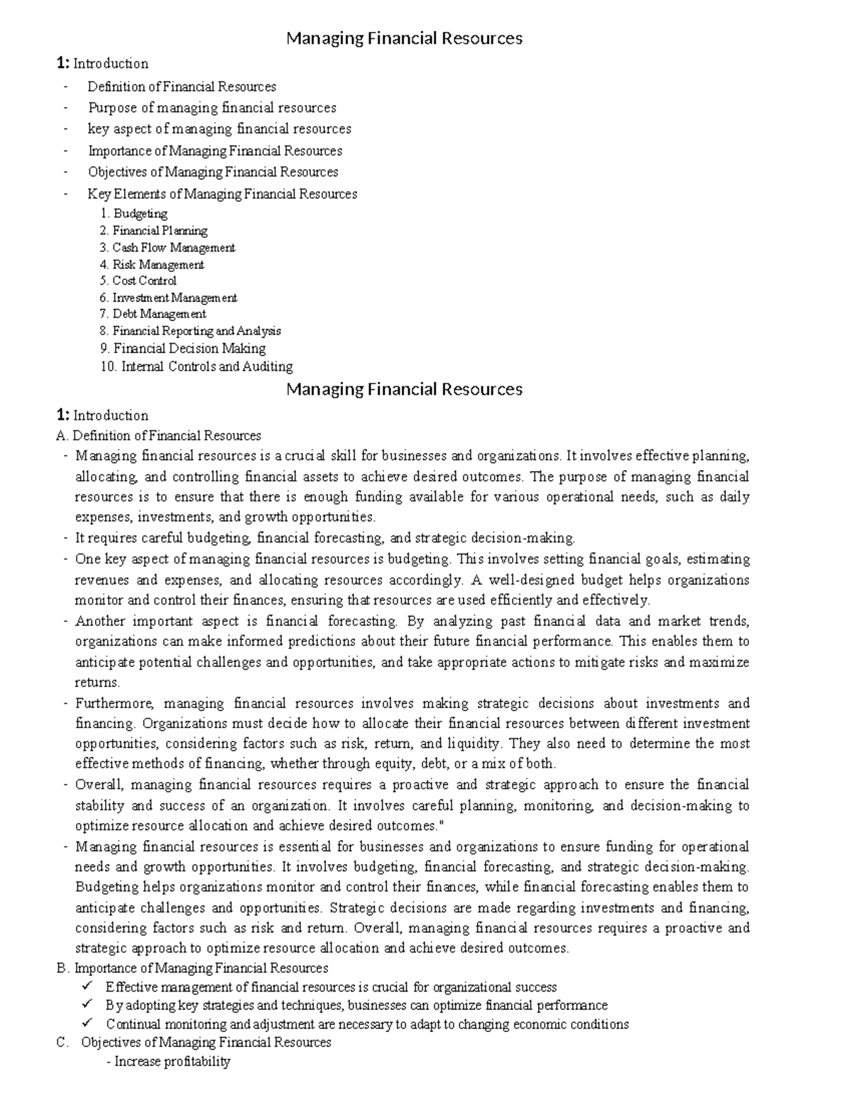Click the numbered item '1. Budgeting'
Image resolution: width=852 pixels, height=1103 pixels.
[133, 213]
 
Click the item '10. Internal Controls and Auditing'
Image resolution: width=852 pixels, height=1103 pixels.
[196, 366]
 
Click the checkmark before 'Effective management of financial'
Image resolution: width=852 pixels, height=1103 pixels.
[87, 987]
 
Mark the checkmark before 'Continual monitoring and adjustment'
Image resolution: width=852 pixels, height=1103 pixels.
[87, 1023]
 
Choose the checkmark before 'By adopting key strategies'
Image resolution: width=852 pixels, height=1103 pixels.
[87, 1005]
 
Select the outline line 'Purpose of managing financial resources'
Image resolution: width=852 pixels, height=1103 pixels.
[212, 108]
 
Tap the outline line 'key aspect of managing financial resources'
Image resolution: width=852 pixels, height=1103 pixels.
[219, 129]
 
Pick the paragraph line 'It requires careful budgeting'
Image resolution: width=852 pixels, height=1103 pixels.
[324, 538]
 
